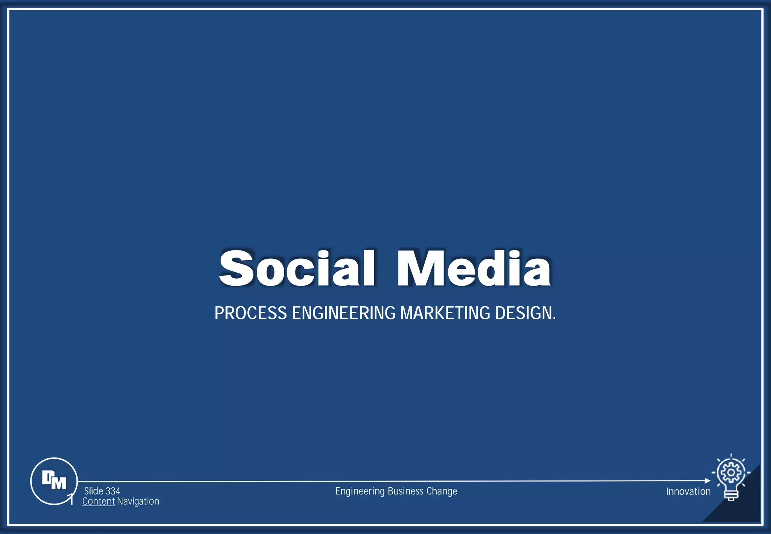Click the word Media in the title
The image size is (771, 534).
coord(474,268)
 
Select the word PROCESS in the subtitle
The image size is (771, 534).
coord(251,313)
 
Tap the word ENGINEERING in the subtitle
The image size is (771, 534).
coord(344,313)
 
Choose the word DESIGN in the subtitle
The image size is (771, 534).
coord(524,313)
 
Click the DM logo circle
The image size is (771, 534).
coord(54,481)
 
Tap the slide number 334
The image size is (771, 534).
coord(113,491)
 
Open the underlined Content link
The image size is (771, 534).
coord(99,501)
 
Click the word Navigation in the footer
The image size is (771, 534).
coord(138,501)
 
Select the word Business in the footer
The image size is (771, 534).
coord(405,491)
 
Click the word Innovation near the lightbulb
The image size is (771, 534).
coord(688,491)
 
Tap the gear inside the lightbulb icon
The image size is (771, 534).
coord(731,472)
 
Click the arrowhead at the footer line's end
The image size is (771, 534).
coord(707,481)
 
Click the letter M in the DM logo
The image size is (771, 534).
coord(59,483)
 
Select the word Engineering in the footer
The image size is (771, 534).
coord(360,491)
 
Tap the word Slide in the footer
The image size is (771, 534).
coord(94,491)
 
